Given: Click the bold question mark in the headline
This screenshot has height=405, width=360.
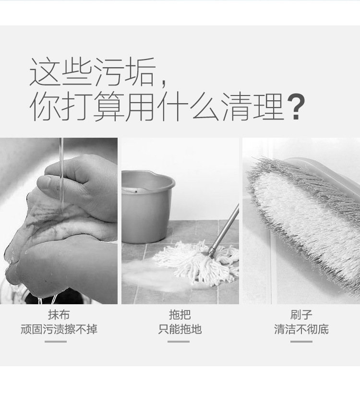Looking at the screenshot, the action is [x=297, y=107].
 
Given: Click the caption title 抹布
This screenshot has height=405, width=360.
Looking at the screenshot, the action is [x=59, y=315].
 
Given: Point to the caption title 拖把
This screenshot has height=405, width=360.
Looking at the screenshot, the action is [x=180, y=315].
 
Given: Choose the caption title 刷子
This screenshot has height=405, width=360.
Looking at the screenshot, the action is [x=301, y=315].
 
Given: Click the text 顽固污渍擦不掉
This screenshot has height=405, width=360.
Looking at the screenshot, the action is [x=59, y=329].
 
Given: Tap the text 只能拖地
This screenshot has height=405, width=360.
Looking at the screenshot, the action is [x=180, y=329].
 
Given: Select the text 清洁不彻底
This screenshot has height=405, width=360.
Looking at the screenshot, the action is [x=301, y=329].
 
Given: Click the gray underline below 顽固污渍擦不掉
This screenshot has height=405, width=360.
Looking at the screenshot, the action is [x=56, y=342].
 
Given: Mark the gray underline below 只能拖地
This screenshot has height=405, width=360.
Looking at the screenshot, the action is [x=179, y=342].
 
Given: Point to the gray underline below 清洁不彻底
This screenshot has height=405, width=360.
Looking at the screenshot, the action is [x=301, y=342].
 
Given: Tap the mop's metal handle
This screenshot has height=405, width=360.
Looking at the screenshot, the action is [x=224, y=230].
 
